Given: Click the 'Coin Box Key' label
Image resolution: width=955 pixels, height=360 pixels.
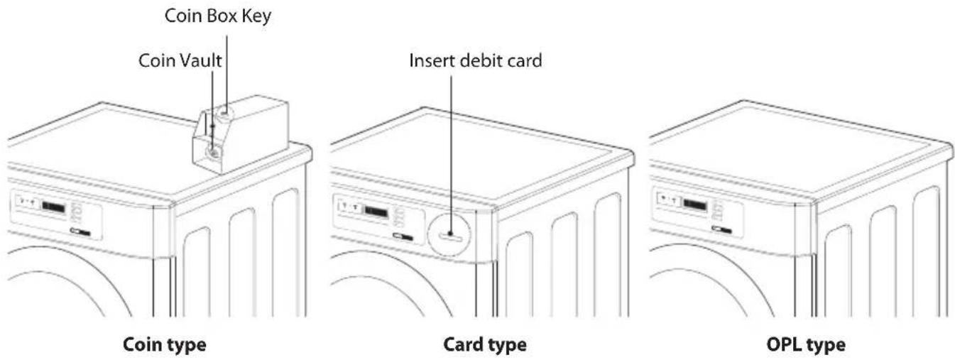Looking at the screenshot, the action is click(x=218, y=16).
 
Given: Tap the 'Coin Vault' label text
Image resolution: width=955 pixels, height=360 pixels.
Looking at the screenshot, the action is click(x=180, y=60).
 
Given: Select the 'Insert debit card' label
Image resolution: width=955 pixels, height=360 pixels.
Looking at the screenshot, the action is click(x=475, y=60).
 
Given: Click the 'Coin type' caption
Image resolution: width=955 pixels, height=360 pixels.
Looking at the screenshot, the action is click(x=165, y=344).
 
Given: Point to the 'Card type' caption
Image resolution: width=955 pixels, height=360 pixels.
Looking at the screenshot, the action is click(x=485, y=344).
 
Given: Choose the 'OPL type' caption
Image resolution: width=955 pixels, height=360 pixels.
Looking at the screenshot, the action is click(x=806, y=344).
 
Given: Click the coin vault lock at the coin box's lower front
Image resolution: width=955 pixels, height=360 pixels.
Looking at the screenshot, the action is click(x=213, y=152).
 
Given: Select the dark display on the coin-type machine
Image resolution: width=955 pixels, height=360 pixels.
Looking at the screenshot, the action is click(x=54, y=208).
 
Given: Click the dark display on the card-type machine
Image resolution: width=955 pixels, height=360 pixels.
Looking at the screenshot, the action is click(x=376, y=212).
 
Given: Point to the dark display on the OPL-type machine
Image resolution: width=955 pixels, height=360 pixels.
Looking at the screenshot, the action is click(x=694, y=206).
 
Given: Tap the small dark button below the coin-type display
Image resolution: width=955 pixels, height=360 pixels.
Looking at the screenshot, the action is click(x=80, y=232).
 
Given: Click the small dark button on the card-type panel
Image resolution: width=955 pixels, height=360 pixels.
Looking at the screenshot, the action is click(x=403, y=236).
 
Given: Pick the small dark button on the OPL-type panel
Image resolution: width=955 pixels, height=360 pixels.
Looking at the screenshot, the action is click(x=721, y=230).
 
